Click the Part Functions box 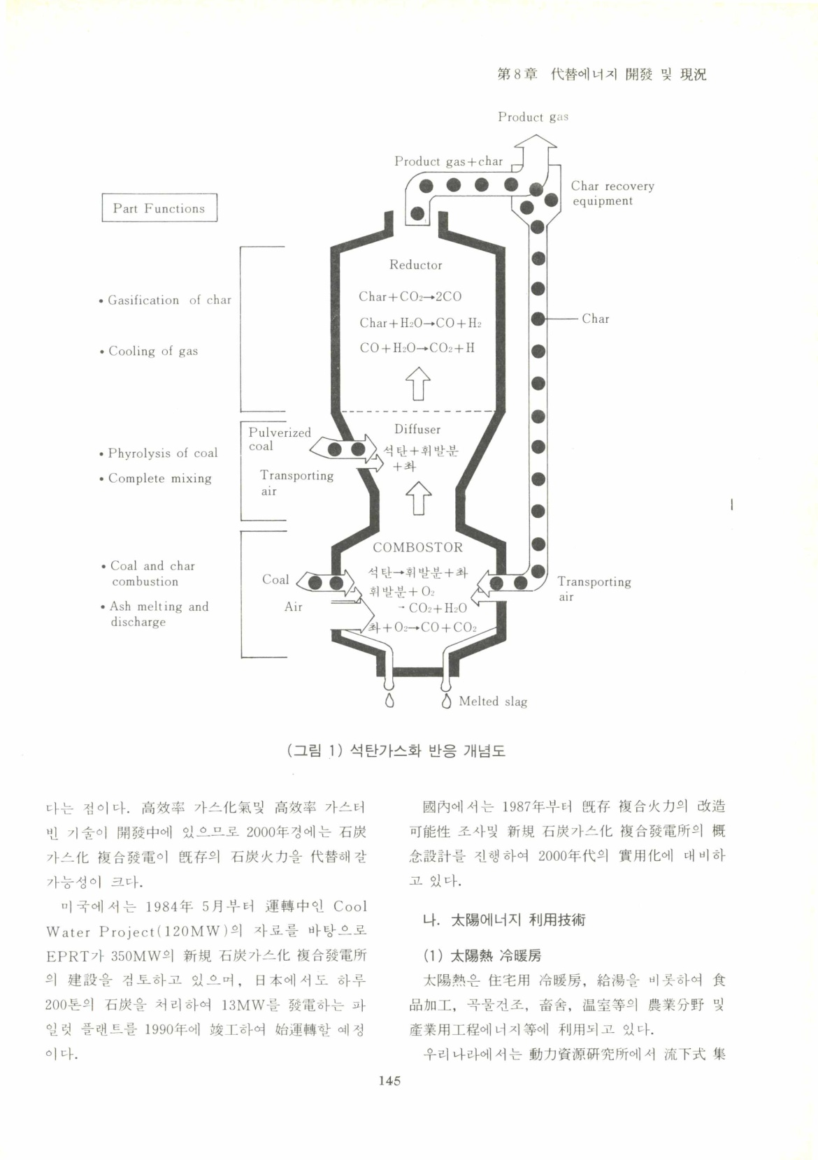[159, 208]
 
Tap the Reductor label [415, 265]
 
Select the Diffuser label [417, 429]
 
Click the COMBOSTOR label [417, 547]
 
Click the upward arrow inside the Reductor [418, 384]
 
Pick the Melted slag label [493, 702]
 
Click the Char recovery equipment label [612, 193]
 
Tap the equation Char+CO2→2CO [410, 297]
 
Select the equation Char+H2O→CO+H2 [420, 323]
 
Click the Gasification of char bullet [165, 300]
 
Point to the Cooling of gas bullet [149, 351]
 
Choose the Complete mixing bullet [155, 478]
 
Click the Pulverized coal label [280, 439]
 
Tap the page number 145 [389, 1080]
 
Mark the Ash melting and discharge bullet [155, 614]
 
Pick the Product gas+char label [449, 161]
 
